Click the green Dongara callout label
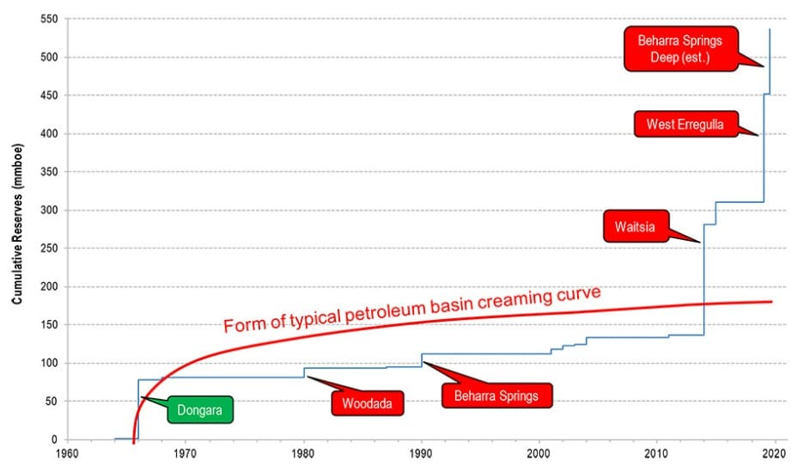coord(199,411)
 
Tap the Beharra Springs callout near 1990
coord(496,396)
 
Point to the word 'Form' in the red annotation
coord(241,325)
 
